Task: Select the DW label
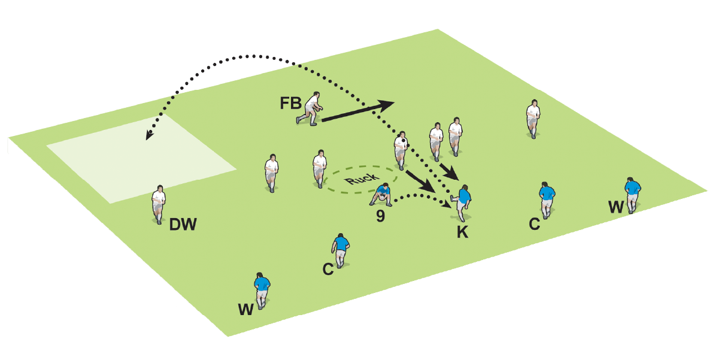[183, 226]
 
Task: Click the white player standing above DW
[159, 203]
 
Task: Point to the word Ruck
[362, 178]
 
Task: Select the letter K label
[463, 233]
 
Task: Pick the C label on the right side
[535, 224]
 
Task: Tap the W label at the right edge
[615, 207]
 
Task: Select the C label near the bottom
[327, 270]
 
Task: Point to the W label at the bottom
[245, 310]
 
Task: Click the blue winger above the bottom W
[262, 289]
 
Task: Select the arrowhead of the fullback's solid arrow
[388, 104]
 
